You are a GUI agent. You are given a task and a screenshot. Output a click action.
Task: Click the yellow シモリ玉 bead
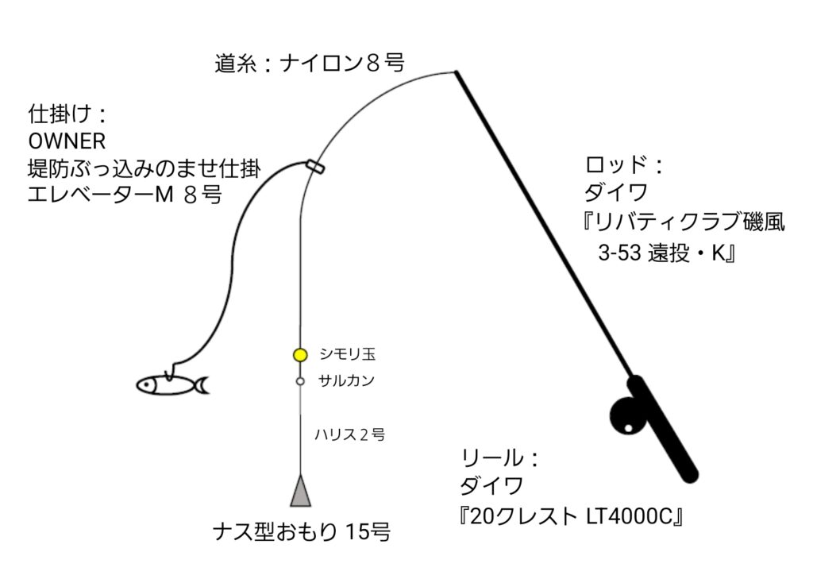click(x=300, y=355)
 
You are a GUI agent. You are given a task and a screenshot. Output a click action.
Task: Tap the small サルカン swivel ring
click(x=300, y=381)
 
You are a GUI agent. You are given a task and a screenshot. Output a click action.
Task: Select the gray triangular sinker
click(x=301, y=490)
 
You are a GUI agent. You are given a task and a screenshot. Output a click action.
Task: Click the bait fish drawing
click(x=172, y=384)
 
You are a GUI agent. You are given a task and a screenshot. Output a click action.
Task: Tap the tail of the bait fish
click(x=201, y=385)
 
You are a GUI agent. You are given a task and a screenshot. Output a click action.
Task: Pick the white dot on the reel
click(x=629, y=429)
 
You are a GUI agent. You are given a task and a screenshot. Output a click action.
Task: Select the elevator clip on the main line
click(x=314, y=167)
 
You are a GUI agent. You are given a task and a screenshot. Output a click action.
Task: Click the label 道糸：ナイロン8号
click(x=310, y=64)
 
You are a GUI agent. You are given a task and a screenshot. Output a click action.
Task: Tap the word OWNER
click(x=67, y=141)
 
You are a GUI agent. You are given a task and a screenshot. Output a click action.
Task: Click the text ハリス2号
click(x=349, y=434)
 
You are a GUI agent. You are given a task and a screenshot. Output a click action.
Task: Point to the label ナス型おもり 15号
click(x=301, y=532)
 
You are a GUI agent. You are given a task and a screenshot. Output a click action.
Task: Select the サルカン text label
click(x=346, y=380)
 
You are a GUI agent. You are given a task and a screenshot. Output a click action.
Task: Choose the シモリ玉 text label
click(x=348, y=354)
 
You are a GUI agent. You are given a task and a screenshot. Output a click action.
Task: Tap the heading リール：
click(x=500, y=458)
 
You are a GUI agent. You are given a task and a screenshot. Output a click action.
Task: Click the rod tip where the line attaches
click(x=456, y=71)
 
